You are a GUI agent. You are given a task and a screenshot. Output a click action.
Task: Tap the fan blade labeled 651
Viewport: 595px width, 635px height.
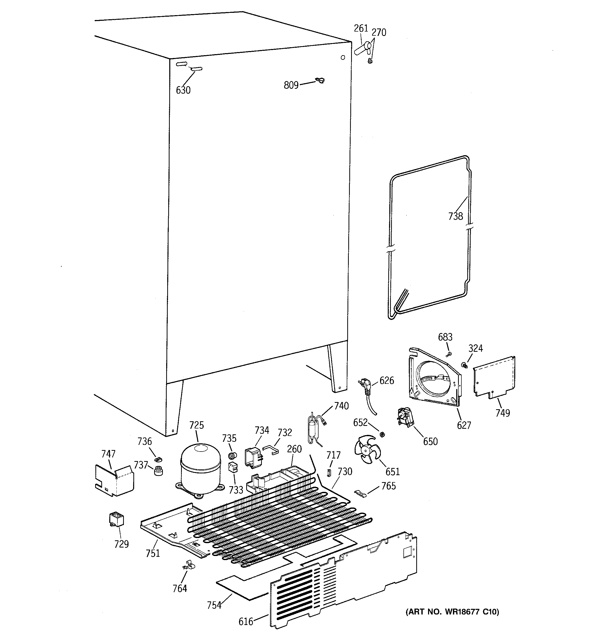coord(368,450)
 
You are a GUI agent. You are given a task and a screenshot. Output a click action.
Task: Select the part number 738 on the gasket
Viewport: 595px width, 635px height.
coord(455,216)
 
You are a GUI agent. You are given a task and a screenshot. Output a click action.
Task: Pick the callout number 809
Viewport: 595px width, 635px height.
coord(291,85)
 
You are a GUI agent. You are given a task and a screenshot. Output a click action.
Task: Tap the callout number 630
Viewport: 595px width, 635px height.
coord(183,90)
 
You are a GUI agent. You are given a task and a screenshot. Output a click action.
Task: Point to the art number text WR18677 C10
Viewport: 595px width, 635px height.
coord(452,612)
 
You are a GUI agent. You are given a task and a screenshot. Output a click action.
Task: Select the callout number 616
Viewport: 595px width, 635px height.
coord(246,622)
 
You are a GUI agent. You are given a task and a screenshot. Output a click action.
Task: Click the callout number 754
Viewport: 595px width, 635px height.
coord(214,605)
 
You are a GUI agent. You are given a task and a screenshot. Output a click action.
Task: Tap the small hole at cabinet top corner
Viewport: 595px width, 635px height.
coord(343,57)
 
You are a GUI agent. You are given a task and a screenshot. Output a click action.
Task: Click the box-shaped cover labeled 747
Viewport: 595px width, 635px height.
coord(114,480)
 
